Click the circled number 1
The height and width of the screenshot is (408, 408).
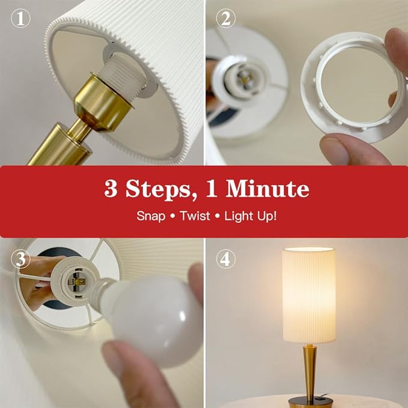coord(20,18)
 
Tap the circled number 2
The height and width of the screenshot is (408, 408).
coord(225,18)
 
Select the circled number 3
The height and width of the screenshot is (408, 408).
coord(20,259)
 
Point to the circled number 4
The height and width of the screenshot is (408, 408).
coord(225,259)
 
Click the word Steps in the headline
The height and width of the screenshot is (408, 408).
coord(158,189)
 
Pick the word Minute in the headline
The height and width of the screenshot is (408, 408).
coord(268,188)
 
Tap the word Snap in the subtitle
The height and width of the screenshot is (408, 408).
coord(151,216)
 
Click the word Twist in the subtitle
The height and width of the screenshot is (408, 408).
coord(195,216)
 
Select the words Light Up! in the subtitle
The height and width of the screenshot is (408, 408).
coord(251,216)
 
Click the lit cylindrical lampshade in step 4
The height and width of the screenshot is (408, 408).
coord(309,295)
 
